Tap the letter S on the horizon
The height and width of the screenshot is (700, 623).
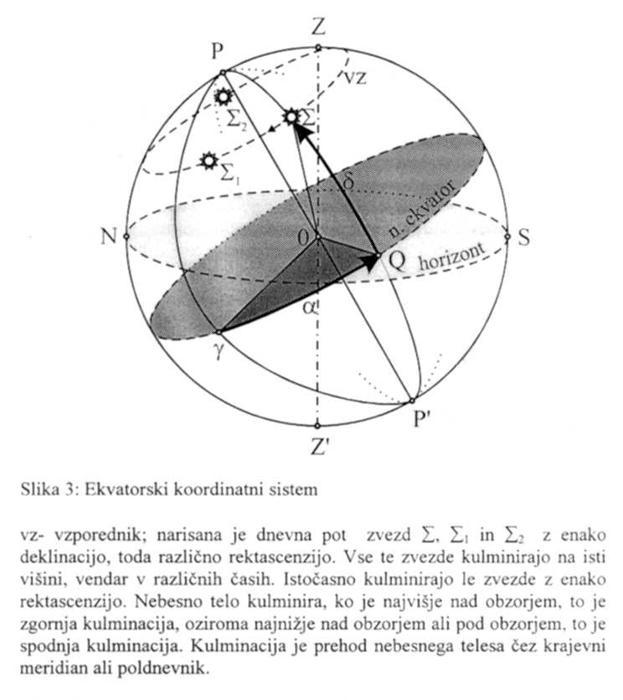[524, 237]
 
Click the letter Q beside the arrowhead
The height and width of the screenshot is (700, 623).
[397, 261]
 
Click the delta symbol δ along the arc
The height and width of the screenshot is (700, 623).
[349, 181]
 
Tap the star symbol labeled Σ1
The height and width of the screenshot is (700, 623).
[207, 160]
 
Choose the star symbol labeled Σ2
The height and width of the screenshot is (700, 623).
[224, 96]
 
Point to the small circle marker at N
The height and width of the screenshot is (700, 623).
[126, 237]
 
